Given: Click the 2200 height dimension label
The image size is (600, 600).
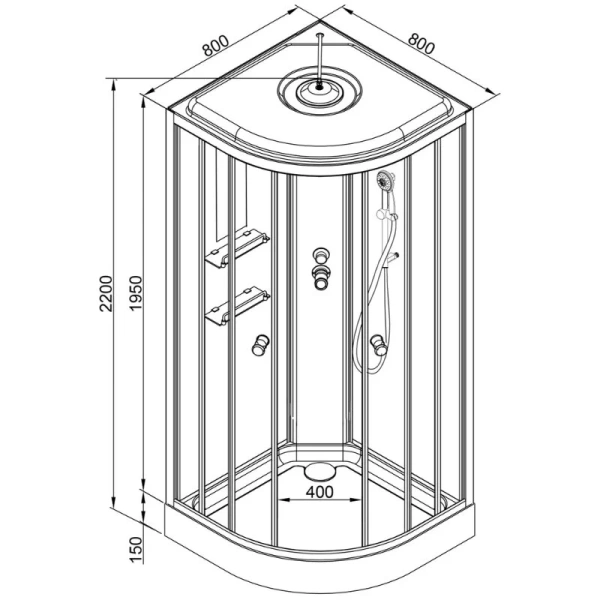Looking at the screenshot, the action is click(x=106, y=293).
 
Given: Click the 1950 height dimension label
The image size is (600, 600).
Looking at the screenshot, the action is click(x=135, y=293).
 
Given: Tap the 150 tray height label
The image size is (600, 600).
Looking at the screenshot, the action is click(x=135, y=549).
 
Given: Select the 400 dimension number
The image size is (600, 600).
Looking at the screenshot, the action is click(x=320, y=492).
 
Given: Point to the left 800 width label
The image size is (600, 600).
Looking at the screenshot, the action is click(x=216, y=46).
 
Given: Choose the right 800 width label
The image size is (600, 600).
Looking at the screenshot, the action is click(x=421, y=44).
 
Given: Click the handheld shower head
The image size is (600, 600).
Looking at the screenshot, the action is click(x=385, y=179).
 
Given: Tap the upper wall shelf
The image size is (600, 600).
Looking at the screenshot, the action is click(x=238, y=248).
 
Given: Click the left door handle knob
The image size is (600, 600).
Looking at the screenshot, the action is click(x=260, y=345).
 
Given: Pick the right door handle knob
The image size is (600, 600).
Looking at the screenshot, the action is click(x=379, y=345).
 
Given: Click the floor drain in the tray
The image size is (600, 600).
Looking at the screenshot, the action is click(x=319, y=470).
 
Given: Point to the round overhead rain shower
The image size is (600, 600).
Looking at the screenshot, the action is click(x=319, y=91).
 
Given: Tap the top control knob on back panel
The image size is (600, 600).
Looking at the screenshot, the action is click(x=321, y=255).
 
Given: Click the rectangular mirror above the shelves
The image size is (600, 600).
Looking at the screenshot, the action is click(x=231, y=195).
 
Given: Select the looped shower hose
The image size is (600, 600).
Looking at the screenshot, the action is click(x=373, y=298).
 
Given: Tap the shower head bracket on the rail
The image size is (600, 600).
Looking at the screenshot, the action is click(x=386, y=215).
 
